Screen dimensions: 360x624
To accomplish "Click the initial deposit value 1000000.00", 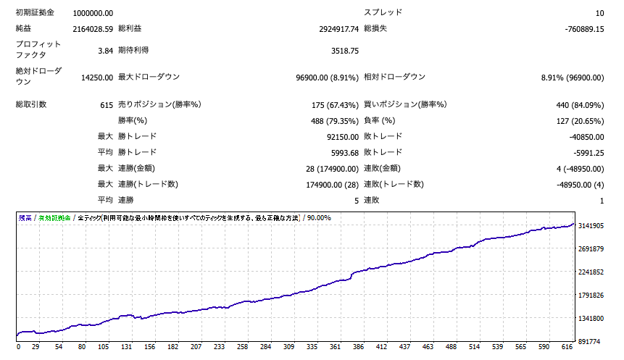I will (93, 13).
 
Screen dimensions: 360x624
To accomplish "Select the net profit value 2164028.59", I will (93, 29).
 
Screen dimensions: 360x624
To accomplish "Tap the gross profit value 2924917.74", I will (329, 29).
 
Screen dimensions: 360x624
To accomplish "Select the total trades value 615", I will (107, 105).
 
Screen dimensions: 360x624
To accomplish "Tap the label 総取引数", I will (31, 105).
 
